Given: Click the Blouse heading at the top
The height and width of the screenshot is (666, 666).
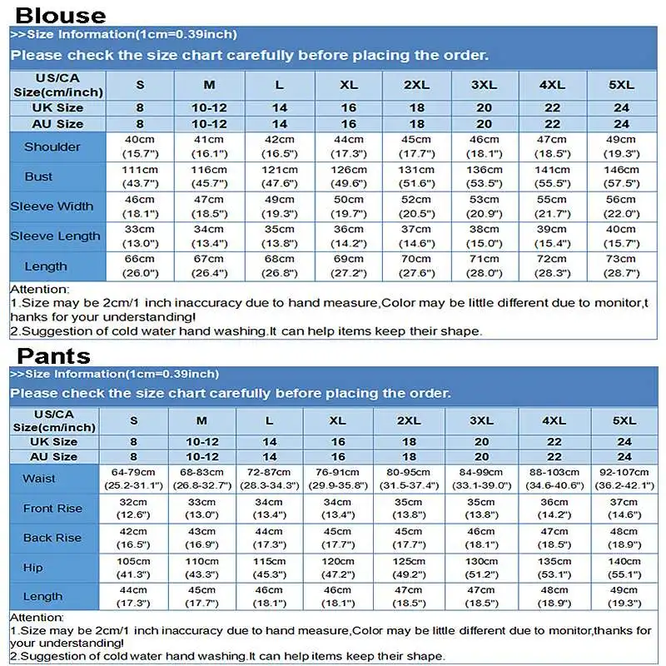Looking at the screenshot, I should [61, 15].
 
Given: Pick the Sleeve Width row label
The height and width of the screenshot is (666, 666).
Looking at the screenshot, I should [52, 206].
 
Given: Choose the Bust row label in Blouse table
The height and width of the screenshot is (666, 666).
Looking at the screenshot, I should [38, 176].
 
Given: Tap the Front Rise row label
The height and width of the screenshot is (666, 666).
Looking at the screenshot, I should [52, 508].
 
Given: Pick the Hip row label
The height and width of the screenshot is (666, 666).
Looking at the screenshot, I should [33, 567].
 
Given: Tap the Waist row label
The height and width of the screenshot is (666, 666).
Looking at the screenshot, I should [39, 479].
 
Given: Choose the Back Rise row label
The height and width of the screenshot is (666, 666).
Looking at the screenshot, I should [52, 538].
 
